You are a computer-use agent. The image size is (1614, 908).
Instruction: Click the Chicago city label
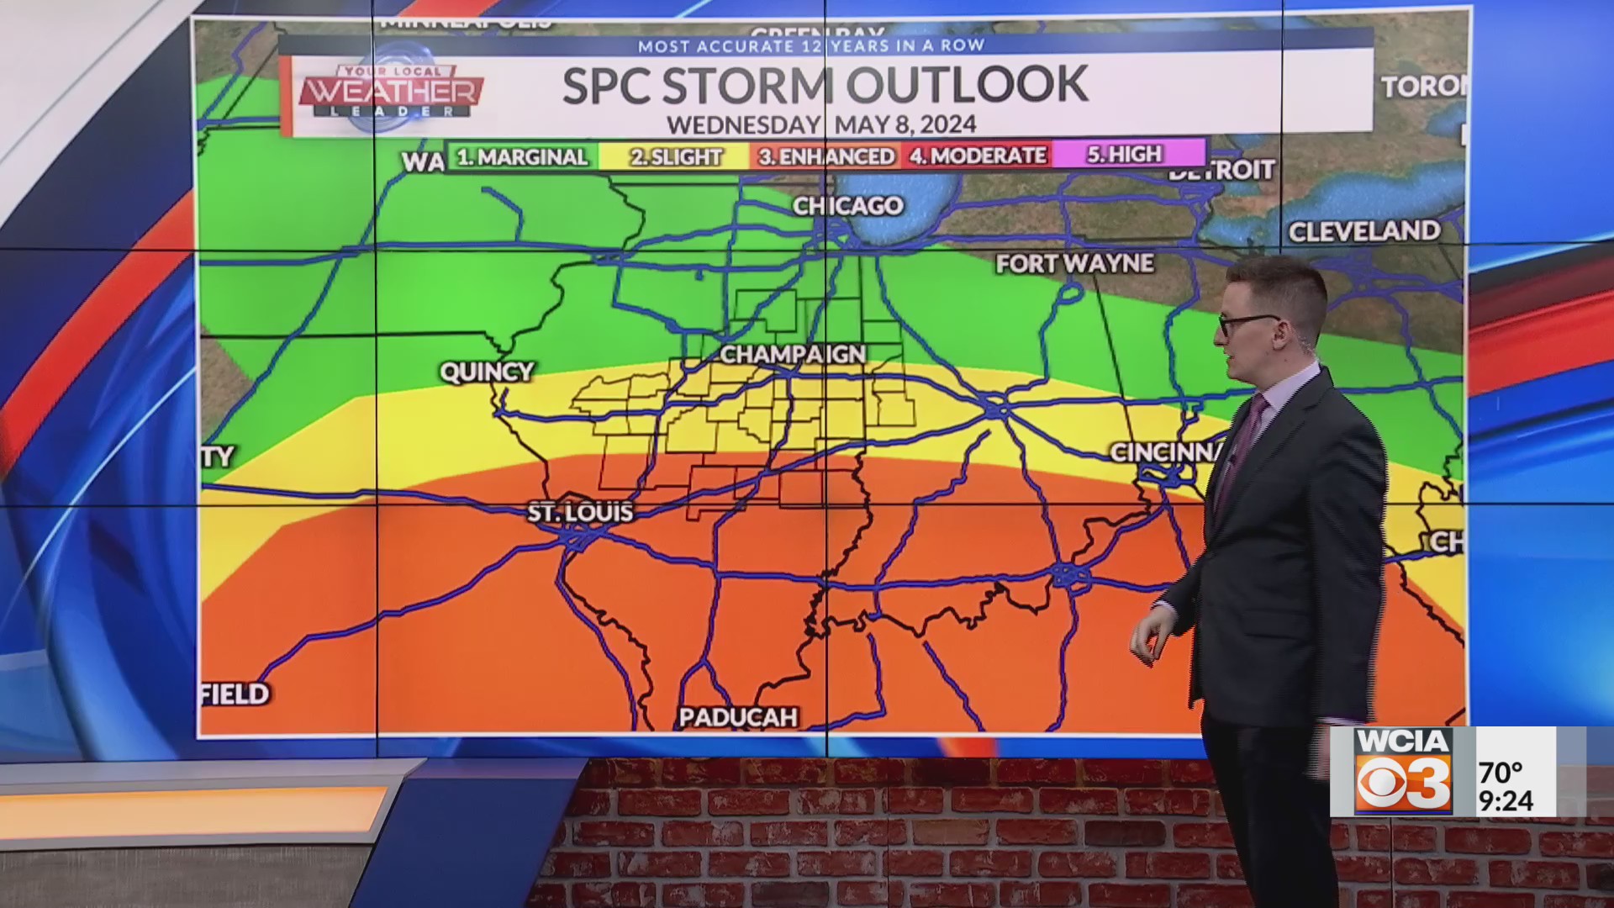tap(847, 206)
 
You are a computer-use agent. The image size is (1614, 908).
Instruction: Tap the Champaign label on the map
tap(792, 355)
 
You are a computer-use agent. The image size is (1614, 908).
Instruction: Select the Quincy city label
tap(487, 372)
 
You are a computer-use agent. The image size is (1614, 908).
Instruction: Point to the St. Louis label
tap(580, 512)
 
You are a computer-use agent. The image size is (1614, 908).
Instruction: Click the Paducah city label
tap(737, 717)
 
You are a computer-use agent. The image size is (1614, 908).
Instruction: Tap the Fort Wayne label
tap(1074, 264)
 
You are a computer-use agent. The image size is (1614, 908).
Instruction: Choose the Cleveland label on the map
tap(1363, 231)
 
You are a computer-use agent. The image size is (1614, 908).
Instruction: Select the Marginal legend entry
tap(522, 157)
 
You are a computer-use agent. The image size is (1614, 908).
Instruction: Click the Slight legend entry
tap(676, 157)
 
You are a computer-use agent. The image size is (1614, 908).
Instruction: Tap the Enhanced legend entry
tap(825, 156)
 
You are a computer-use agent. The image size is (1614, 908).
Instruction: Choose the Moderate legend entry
tap(978, 156)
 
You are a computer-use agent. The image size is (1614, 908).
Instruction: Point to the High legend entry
tap(1124, 155)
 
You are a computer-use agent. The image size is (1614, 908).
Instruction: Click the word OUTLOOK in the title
tap(967, 84)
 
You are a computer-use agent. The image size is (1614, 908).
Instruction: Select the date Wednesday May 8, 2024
tap(821, 124)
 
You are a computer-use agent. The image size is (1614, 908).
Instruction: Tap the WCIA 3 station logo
tap(1403, 771)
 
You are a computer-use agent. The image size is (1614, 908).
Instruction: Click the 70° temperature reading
tap(1501, 771)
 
